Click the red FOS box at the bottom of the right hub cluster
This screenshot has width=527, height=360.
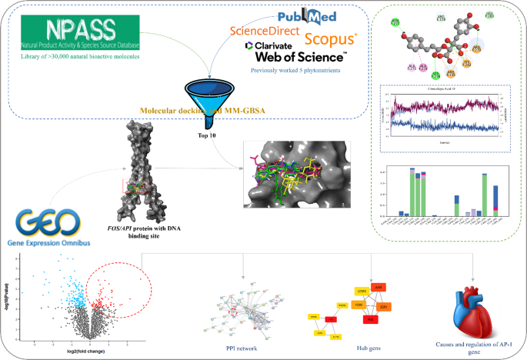click(x=370, y=318)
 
